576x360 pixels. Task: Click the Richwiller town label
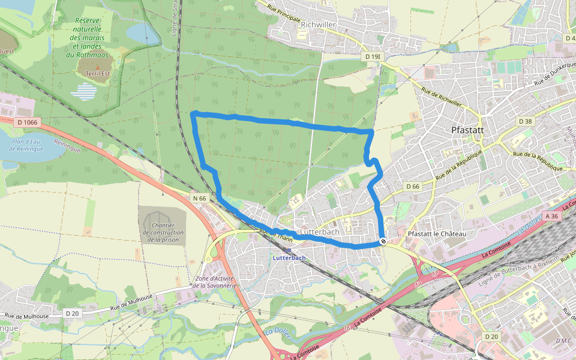[319, 24]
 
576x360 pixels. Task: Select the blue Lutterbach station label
[289, 257]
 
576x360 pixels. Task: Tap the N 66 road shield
[199, 197]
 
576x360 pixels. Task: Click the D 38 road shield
[524, 121]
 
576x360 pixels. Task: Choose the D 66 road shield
[412, 187]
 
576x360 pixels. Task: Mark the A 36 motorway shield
[552, 216]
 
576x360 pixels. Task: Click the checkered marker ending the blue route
[383, 241]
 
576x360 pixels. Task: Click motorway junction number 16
[347, 328]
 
